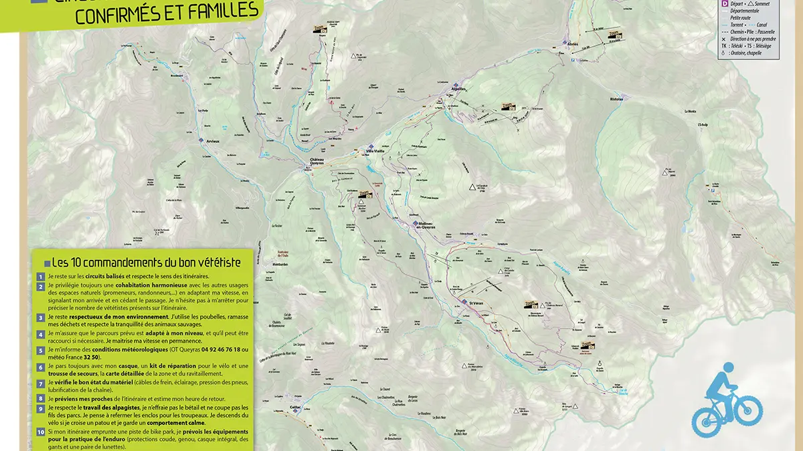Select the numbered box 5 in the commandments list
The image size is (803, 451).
click(x=41, y=350)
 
